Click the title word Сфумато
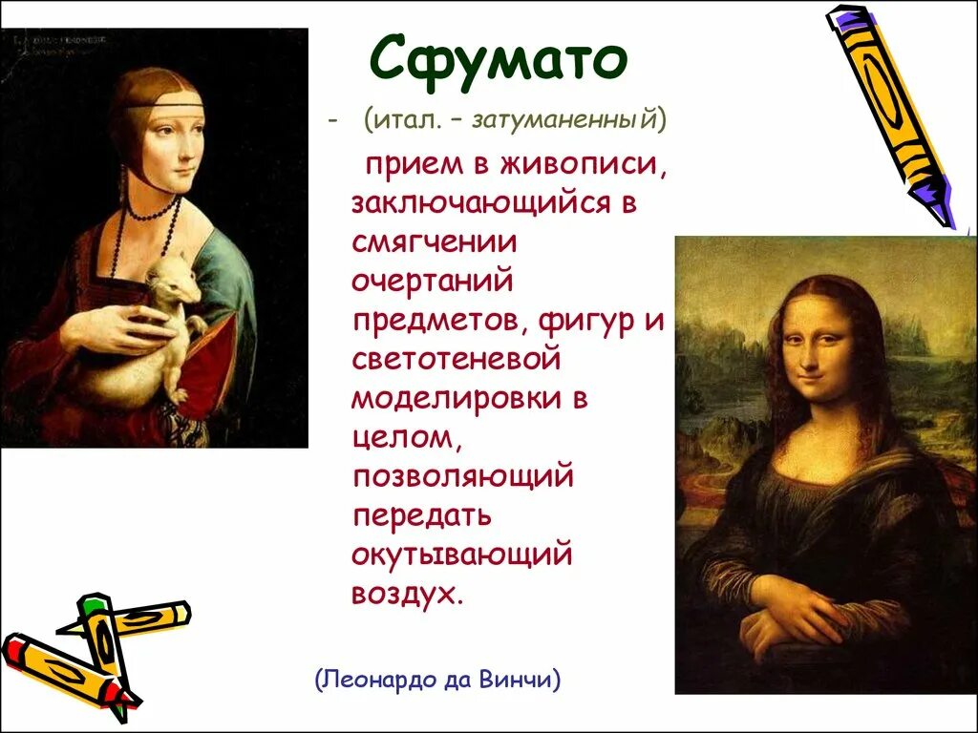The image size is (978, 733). coord(498,60)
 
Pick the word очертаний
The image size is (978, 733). coord(433,282)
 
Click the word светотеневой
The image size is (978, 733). coord(455,360)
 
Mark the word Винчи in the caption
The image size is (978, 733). coord(516,681)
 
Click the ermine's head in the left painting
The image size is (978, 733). coord(177,282)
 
